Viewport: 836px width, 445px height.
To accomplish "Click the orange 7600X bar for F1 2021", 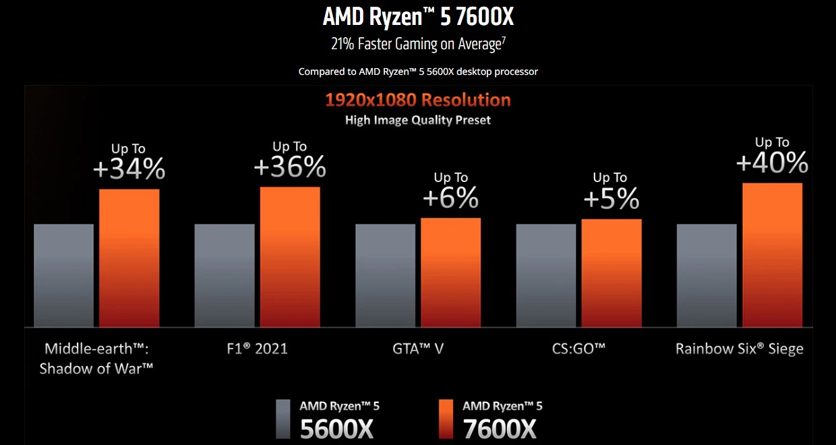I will pos(290,256).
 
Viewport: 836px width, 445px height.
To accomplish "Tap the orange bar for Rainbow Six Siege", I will pos(773,255).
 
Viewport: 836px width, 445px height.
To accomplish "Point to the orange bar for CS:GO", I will pos(611,272).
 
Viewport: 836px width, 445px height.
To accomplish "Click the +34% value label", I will pos(129,169).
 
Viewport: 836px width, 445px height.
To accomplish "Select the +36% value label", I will pos(290,167).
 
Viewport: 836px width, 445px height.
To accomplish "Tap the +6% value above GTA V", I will pos(451,198).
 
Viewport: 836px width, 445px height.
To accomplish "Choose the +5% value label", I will pos(611,198).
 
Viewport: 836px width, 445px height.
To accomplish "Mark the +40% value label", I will pos(772,163).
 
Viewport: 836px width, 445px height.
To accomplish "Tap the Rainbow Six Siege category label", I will pos(740,349).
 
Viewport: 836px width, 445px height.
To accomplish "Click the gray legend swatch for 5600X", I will pos(283,418).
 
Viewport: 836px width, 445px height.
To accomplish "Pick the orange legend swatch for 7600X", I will pos(445,418).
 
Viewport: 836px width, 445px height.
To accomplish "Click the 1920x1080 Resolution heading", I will pos(418,100).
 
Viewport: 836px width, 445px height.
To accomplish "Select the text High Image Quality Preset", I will pos(418,121).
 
